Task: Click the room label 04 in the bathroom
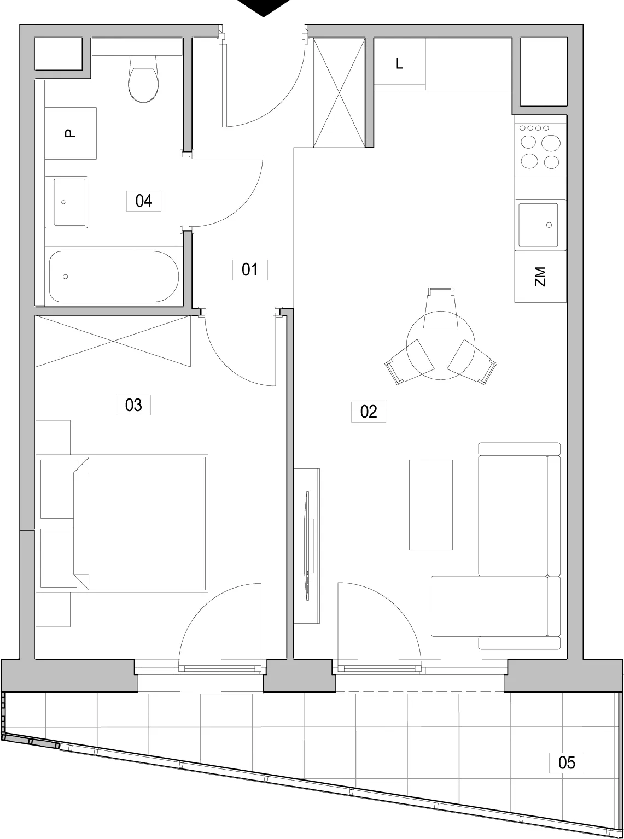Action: click(x=143, y=201)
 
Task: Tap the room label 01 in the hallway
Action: click(x=250, y=269)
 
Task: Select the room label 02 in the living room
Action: click(x=369, y=412)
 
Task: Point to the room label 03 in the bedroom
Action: click(x=133, y=405)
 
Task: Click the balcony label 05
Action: click(x=567, y=762)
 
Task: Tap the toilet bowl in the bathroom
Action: click(x=143, y=79)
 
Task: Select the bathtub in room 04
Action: click(x=114, y=277)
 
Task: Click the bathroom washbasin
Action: click(x=67, y=202)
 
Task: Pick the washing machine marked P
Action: click(x=71, y=133)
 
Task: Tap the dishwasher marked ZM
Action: click(x=540, y=277)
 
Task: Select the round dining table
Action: click(x=440, y=345)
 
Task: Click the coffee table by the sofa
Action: click(x=431, y=505)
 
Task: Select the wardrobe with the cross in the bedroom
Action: click(x=113, y=342)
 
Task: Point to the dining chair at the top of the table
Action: click(x=440, y=308)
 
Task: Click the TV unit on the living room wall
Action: click(x=307, y=546)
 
